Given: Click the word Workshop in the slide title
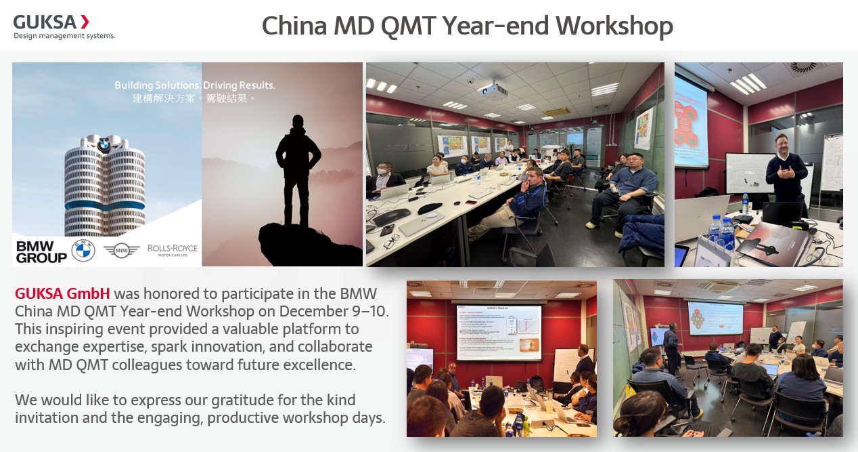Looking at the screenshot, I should coord(614,26).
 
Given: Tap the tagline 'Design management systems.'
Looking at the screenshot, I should coord(64,36).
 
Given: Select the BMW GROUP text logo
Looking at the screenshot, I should coord(41,251).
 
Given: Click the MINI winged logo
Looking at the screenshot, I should coord(122,250).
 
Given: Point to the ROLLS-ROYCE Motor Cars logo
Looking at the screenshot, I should coord(173,250).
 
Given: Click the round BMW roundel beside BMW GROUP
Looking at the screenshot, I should coord(83,251).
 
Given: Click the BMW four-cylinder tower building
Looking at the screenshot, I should coord(104,183).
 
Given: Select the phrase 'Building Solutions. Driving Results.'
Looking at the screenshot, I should coord(195,86).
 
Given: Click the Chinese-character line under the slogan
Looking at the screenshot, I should coord(195,99).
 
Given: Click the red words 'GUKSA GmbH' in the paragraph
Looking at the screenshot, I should coord(62,294).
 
